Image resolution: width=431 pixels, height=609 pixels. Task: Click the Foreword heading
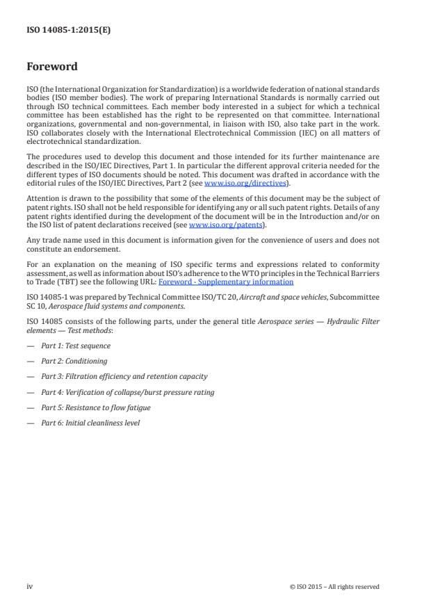(52, 67)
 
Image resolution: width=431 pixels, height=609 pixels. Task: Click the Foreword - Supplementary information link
(226, 282)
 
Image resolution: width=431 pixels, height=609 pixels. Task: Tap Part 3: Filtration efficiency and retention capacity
(124, 377)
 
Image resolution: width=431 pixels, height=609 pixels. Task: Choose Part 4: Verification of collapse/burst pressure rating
(127, 392)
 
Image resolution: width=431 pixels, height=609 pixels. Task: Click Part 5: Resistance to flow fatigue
(95, 407)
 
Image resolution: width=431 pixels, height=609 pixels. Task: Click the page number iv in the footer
(30, 586)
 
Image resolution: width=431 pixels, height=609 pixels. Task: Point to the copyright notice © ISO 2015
(334, 587)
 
